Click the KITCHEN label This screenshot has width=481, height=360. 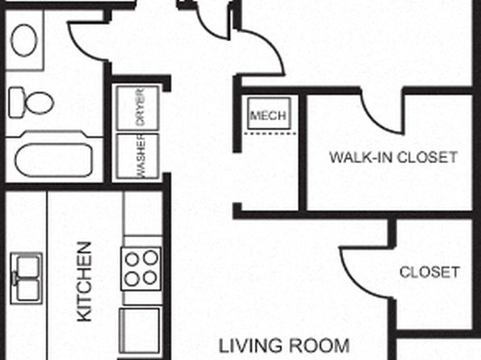point(85,282)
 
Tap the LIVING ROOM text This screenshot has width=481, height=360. point(284,345)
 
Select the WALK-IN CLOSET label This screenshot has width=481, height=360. point(394,157)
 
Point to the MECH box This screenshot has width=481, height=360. point(269,113)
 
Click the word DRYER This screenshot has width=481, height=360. point(140,107)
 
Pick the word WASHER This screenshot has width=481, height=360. point(140,157)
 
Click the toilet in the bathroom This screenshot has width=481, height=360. point(31,103)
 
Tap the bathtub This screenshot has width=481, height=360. point(54,160)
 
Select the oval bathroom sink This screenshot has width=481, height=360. point(24,40)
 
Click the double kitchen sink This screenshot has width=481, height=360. point(27,278)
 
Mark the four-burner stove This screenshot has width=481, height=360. point(140,269)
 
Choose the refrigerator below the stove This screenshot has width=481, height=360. point(140,330)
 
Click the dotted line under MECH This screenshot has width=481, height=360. point(270,133)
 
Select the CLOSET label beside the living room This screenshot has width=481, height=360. point(429,272)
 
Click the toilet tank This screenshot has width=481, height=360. point(16,103)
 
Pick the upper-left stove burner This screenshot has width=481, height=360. point(132,259)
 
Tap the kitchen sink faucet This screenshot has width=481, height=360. point(14,278)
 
